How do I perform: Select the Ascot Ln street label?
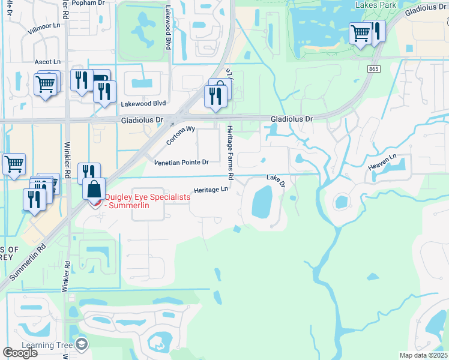click(x=47, y=62)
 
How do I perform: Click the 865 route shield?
click(x=373, y=70)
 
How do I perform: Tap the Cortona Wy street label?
click(x=181, y=135)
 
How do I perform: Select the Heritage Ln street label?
click(x=211, y=190)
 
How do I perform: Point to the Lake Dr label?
click(x=275, y=179)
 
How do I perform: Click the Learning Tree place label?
click(x=47, y=345)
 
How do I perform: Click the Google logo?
click(x=20, y=353)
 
